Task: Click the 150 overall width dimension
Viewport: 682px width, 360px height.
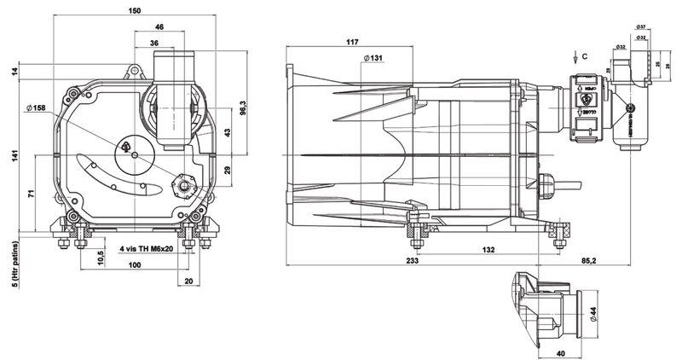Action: pos(135,11)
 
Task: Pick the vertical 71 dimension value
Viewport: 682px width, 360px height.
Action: pos(32,195)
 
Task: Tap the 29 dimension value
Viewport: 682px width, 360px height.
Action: pos(227,171)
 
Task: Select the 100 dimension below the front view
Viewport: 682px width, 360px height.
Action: pos(134,266)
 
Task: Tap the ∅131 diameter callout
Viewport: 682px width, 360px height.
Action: pos(374,57)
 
